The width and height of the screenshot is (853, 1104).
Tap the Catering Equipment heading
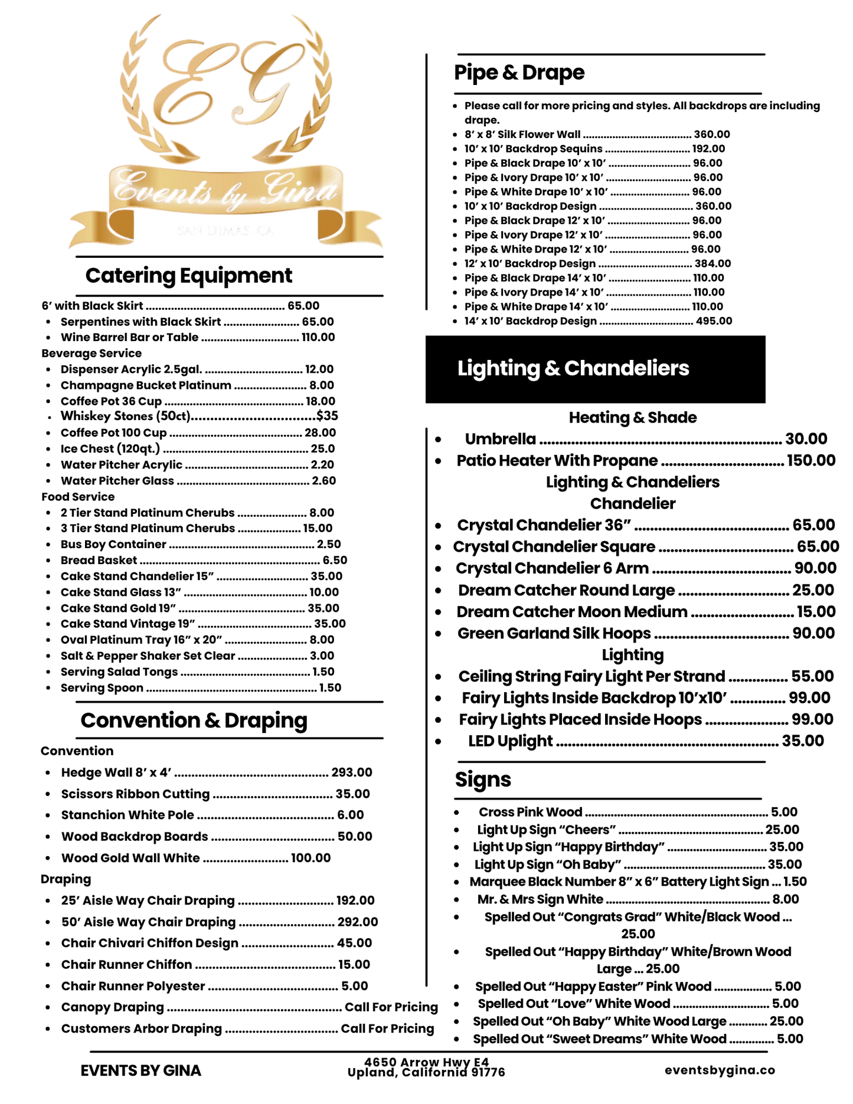coord(189,276)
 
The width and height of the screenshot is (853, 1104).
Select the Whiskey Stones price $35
coord(327,416)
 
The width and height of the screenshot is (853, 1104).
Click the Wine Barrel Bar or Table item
coord(129,338)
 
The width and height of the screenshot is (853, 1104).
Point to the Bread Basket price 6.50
coord(335,560)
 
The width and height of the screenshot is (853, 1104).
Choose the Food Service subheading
coord(78,497)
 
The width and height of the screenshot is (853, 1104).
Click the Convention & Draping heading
coord(194,720)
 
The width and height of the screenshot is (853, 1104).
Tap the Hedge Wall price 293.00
coord(352,772)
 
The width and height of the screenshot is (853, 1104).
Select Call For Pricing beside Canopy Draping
coord(391,1007)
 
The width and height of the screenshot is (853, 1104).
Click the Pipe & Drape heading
coord(519,73)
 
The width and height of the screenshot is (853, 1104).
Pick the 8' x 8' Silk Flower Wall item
coord(522,135)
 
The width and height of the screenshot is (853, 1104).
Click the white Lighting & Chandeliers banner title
coord(573,368)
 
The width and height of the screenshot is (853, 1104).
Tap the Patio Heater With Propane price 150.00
coord(811,460)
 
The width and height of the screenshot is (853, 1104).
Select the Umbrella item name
coord(501,439)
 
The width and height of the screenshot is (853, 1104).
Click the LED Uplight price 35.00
coord(803,741)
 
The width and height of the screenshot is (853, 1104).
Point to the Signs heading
coord(483,779)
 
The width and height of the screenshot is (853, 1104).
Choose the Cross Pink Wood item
coord(530,812)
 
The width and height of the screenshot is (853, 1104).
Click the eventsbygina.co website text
coord(720,1070)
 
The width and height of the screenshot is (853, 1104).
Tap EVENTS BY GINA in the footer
coord(140,1070)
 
